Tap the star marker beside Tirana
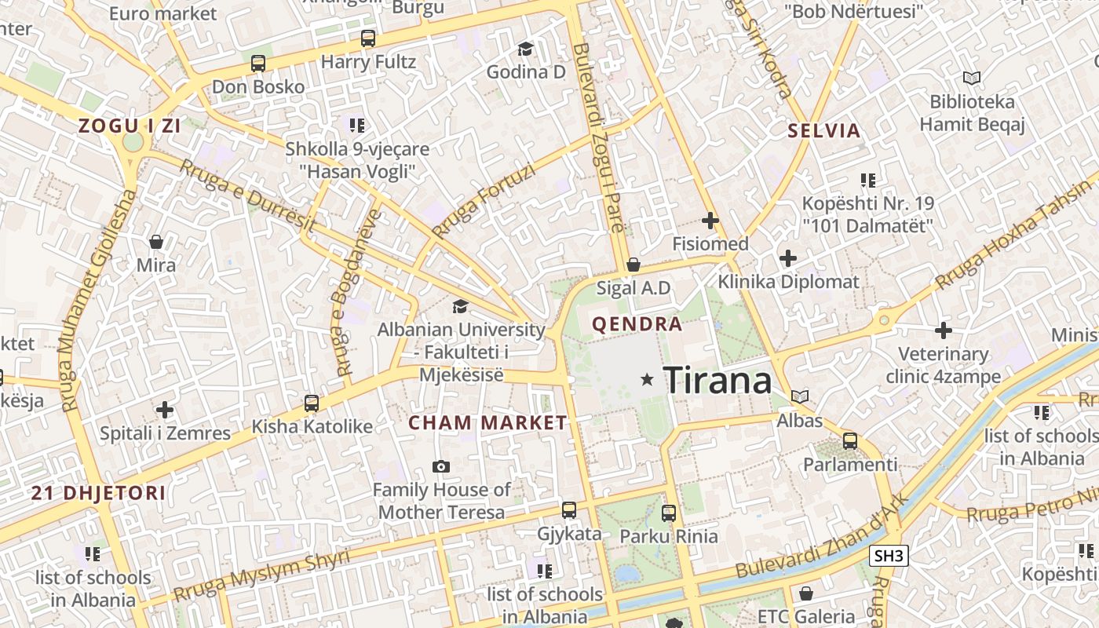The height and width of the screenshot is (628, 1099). (x=647, y=380)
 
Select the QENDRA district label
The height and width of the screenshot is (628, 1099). (x=637, y=323)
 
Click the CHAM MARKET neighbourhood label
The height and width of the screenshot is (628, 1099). (x=487, y=422)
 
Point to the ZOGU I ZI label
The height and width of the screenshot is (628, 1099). (x=129, y=126)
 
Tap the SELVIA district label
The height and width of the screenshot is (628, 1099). (x=824, y=131)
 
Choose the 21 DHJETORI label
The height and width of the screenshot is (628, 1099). (x=99, y=493)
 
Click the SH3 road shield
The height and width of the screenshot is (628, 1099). (x=889, y=557)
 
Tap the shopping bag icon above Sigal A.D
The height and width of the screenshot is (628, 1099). (x=633, y=265)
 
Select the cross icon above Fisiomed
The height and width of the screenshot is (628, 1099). (x=710, y=221)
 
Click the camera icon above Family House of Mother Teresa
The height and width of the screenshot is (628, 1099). (x=441, y=467)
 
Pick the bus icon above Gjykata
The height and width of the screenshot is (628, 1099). (x=569, y=510)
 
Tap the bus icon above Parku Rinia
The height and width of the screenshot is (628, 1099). (x=669, y=513)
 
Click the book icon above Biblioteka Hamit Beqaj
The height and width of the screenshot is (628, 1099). (x=972, y=78)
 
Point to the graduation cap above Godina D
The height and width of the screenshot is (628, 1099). (x=525, y=49)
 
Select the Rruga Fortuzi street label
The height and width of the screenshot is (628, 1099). (x=484, y=201)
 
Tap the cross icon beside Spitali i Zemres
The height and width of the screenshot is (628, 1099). (x=165, y=409)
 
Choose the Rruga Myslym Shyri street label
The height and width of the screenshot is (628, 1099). (x=261, y=575)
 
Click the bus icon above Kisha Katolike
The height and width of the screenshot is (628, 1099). (x=312, y=403)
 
